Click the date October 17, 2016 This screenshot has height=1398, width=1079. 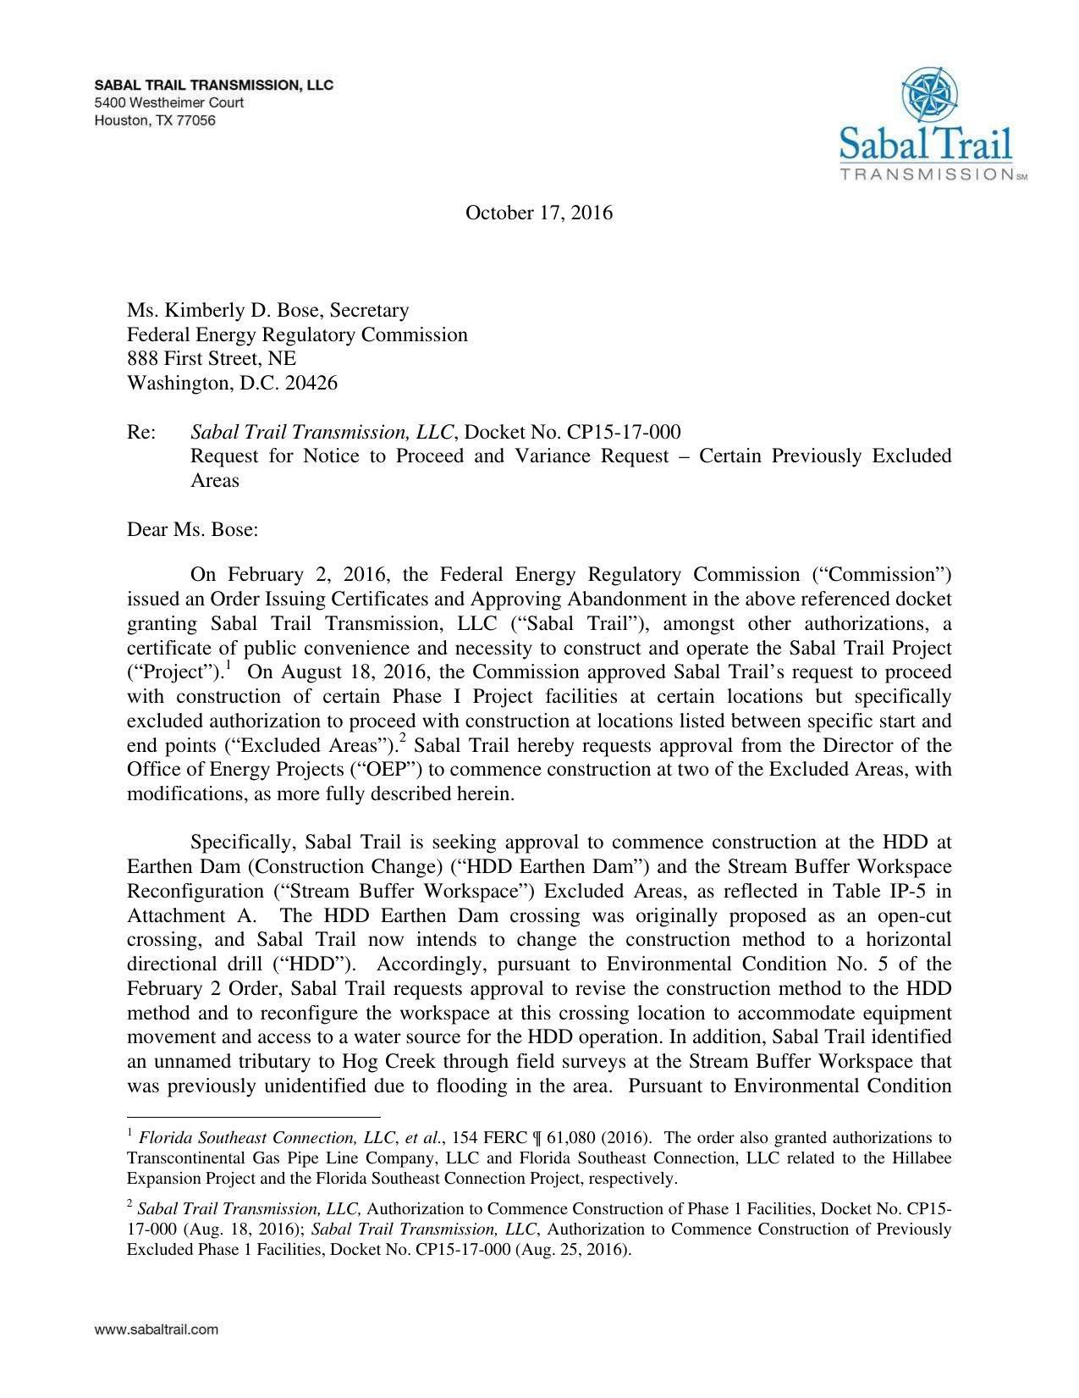point(538,213)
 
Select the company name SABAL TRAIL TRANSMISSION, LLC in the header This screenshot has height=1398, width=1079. point(213,85)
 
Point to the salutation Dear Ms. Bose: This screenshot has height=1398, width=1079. point(192,530)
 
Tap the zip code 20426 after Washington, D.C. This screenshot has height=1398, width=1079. point(311,383)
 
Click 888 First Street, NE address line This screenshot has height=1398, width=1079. point(212,358)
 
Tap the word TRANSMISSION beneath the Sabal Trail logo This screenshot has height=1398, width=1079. point(927,174)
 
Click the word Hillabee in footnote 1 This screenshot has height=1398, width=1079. point(922,1158)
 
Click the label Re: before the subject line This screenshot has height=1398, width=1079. point(140,432)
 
